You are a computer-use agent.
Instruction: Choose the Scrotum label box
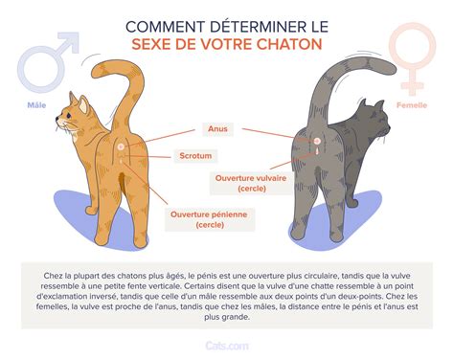[x=195, y=154]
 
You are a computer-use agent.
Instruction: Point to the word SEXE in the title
[x=158, y=44]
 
